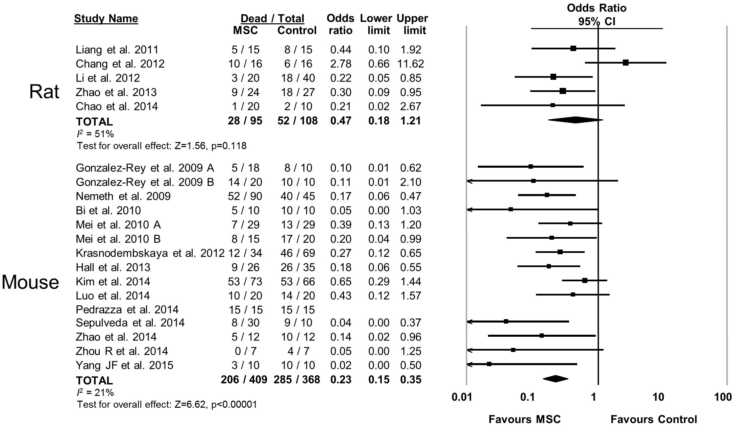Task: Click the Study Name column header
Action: [106, 18]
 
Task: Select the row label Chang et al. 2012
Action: [120, 64]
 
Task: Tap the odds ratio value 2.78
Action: [341, 64]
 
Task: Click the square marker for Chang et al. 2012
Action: [626, 63]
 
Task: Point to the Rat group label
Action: [44, 92]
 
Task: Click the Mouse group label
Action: [30, 282]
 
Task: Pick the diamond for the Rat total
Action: [575, 120]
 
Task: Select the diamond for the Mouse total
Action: [555, 379]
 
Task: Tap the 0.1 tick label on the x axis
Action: [527, 397]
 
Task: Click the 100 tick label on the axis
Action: [723, 397]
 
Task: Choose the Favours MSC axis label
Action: [524, 420]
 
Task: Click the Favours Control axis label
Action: [654, 420]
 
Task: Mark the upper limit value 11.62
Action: [411, 64]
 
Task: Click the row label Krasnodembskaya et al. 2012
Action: [150, 253]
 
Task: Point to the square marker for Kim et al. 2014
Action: [585, 280]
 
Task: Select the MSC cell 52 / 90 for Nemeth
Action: [245, 196]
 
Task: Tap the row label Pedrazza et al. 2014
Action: [127, 310]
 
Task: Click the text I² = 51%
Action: [95, 134]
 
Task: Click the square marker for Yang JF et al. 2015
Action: [489, 364]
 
